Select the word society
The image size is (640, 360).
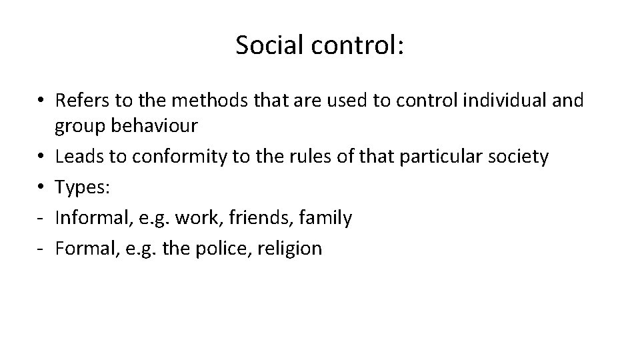click(x=514, y=157)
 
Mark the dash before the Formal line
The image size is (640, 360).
click(x=41, y=249)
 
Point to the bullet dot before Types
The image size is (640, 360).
click(x=41, y=188)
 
